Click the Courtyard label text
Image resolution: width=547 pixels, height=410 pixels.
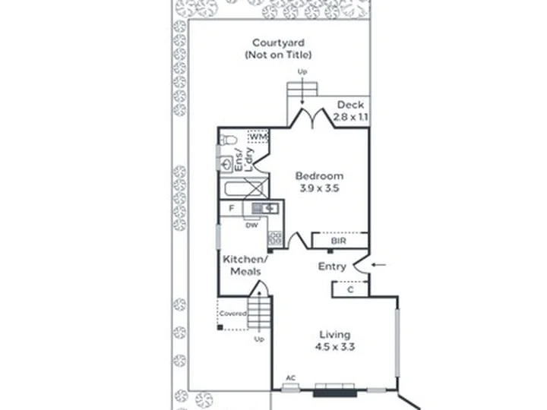(x=278, y=43)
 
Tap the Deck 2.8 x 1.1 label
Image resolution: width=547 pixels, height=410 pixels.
(x=350, y=111)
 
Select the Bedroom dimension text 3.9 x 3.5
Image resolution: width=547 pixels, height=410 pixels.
(x=319, y=188)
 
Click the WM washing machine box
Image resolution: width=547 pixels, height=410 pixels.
(x=258, y=137)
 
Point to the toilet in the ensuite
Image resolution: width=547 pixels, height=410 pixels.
(x=228, y=140)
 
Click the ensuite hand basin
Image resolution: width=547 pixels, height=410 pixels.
(x=226, y=163)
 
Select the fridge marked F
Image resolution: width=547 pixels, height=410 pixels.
(x=231, y=209)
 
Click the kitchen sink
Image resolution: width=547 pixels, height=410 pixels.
(x=265, y=209)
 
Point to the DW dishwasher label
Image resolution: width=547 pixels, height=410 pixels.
(x=252, y=225)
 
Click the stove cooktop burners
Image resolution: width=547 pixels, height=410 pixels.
(x=275, y=238)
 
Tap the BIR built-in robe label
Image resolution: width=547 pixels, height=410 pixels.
(x=338, y=241)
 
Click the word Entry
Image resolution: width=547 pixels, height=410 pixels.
(x=332, y=266)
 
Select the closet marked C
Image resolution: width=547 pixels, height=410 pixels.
(x=350, y=289)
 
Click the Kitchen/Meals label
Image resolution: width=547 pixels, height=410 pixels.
(x=245, y=265)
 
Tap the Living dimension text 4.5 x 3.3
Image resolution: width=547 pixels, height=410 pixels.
(x=335, y=347)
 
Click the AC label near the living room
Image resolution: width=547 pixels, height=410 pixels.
(x=290, y=378)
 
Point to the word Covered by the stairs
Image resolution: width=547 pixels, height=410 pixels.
(x=232, y=314)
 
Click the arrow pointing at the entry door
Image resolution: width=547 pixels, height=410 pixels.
(x=378, y=265)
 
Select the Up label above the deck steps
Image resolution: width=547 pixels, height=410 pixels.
(x=302, y=71)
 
